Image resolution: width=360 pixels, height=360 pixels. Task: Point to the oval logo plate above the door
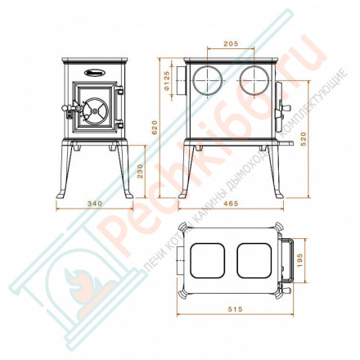pos(92,71)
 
